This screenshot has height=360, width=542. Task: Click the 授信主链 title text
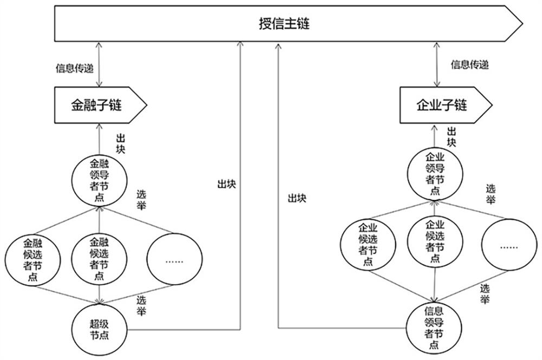pos(284,24)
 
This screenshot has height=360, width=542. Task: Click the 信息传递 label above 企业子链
pos(470,65)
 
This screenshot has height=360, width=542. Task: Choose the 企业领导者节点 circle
pos(435,173)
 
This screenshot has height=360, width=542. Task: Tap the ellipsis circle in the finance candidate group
pos(173,260)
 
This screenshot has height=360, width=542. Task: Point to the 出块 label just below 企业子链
pos(451,136)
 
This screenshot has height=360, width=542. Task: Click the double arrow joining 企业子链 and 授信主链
pos(436,64)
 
